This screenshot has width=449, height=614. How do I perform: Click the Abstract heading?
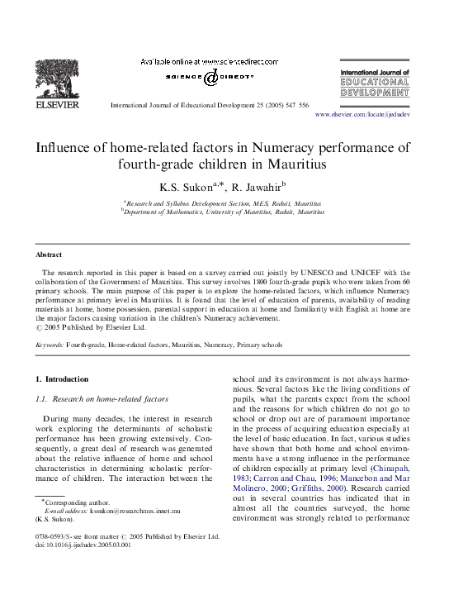pos(48,255)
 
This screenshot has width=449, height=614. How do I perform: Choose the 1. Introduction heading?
pos(62,378)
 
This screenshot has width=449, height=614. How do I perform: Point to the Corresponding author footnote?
pos(76,503)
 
